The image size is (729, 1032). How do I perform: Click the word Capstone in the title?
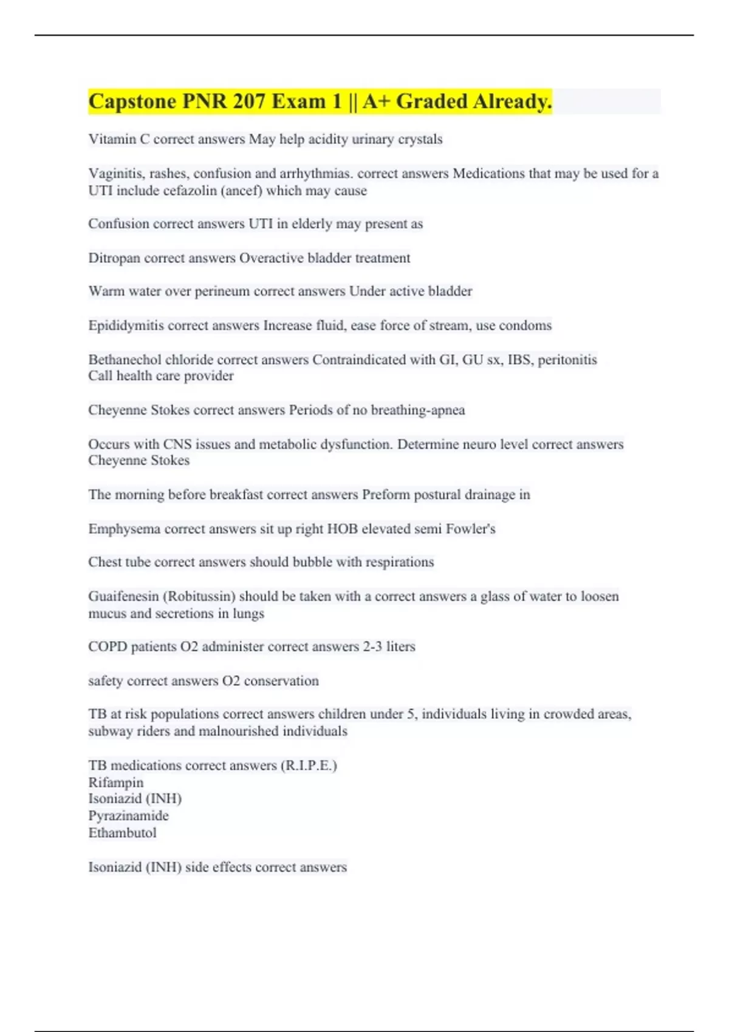(x=132, y=101)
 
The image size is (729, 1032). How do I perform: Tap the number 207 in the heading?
(x=248, y=101)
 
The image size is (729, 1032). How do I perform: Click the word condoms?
(x=525, y=325)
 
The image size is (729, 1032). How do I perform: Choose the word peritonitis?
(x=567, y=359)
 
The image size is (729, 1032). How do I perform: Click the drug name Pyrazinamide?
(x=128, y=816)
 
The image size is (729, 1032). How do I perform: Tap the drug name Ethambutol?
(x=122, y=833)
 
